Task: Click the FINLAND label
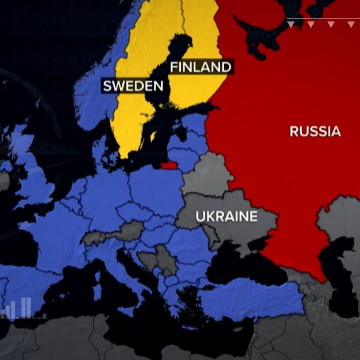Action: pyautogui.click(x=200, y=67)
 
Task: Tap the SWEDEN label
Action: pyautogui.click(x=133, y=86)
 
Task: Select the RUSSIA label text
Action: pyautogui.click(x=315, y=131)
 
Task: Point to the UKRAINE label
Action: pyautogui.click(x=226, y=217)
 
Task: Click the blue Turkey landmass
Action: pyautogui.click(x=254, y=298)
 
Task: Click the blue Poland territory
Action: pyautogui.click(x=156, y=185)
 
